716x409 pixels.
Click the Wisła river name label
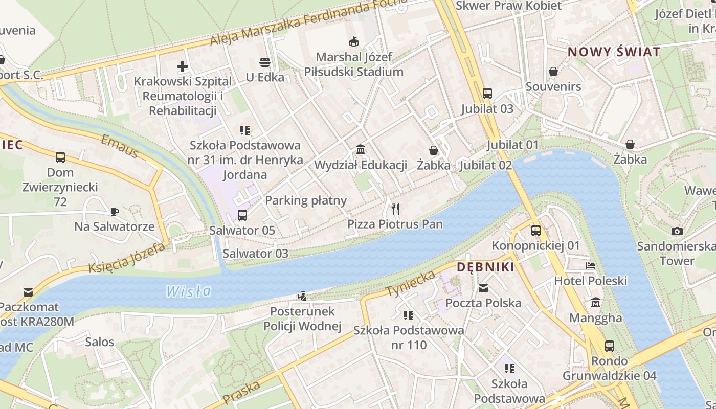click(188, 291)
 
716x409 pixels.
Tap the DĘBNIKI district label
click(485, 267)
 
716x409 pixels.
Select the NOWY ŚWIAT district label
click(614, 52)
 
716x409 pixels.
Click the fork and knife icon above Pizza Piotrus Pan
click(395, 209)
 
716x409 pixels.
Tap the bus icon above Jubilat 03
click(487, 94)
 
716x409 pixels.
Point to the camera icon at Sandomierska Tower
click(677, 231)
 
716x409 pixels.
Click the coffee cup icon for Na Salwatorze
click(115, 211)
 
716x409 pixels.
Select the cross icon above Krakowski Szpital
click(183, 66)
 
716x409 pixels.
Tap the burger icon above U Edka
click(264, 62)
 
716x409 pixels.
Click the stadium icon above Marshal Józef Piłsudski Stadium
click(353, 41)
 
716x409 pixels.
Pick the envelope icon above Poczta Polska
click(483, 288)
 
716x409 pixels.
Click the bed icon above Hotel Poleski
click(591, 266)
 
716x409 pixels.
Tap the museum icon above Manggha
click(595, 303)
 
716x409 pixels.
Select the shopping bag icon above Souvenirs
click(553, 72)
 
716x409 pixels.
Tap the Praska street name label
click(242, 391)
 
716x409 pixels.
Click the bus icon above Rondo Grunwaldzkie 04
click(609, 346)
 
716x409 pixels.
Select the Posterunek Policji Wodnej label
click(302, 319)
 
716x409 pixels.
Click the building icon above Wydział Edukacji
click(361, 150)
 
